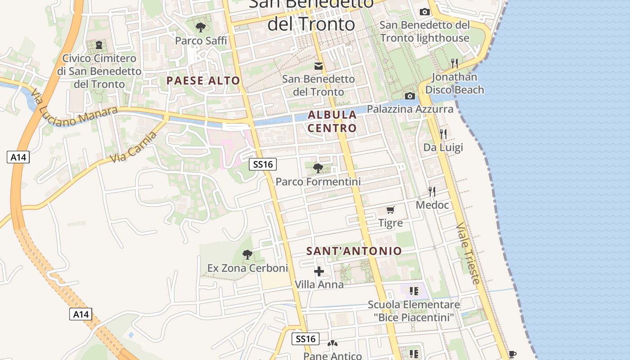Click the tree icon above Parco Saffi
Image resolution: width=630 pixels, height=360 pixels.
coord(201,27)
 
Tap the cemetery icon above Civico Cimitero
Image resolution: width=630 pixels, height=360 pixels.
coord(99,45)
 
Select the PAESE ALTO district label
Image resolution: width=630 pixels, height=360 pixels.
coord(203,81)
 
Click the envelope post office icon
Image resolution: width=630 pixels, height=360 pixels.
coord(319,66)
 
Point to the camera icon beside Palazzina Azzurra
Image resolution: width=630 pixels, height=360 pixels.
coord(409,96)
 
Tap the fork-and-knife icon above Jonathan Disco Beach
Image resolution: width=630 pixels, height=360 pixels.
coord(454,63)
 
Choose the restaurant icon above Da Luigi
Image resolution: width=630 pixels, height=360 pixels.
coord(443,134)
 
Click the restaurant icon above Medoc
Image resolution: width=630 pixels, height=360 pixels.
coord(432,192)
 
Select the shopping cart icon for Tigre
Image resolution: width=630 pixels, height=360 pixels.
coord(391,210)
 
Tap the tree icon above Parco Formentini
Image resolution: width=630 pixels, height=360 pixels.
coord(318,168)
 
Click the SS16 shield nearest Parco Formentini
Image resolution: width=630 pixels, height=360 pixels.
coord(263,164)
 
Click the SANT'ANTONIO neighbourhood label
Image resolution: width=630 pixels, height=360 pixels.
coord(354,251)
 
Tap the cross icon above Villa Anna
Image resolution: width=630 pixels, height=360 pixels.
coord(319,271)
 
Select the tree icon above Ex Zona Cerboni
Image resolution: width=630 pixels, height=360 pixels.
coord(247,255)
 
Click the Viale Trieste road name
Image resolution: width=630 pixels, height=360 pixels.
coord(468,253)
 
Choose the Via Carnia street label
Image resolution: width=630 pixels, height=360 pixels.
coord(134,147)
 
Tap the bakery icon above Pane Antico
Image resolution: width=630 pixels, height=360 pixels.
coord(333,344)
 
